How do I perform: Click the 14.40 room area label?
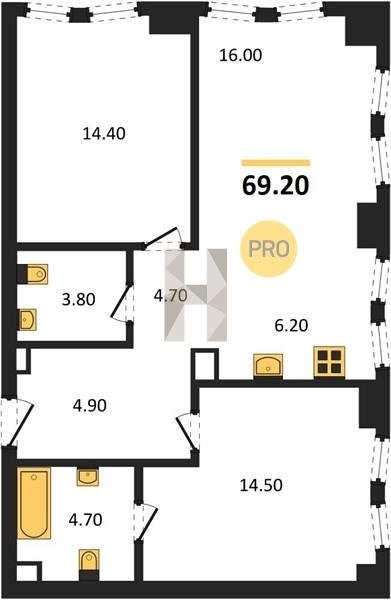[x=104, y=134]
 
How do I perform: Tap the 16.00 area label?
[x=241, y=55]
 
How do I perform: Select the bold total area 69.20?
[x=275, y=186]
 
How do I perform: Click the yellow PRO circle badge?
[x=269, y=249]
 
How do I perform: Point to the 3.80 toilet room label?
[x=78, y=299]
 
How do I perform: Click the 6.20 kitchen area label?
[x=292, y=326]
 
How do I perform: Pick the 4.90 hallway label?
[x=90, y=406]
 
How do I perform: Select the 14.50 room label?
[x=261, y=485]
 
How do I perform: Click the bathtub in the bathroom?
[x=34, y=503]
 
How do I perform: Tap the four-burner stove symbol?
[x=329, y=362]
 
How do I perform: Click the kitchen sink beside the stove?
[x=268, y=365]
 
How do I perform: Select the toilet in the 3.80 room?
[x=33, y=274]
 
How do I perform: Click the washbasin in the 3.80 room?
[x=27, y=319]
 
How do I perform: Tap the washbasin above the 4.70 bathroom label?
[x=88, y=477]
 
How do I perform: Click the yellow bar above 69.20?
[x=275, y=163]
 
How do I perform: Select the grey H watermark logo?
[x=196, y=295]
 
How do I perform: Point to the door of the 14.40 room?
[x=164, y=238]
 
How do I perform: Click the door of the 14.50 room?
[x=187, y=432]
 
